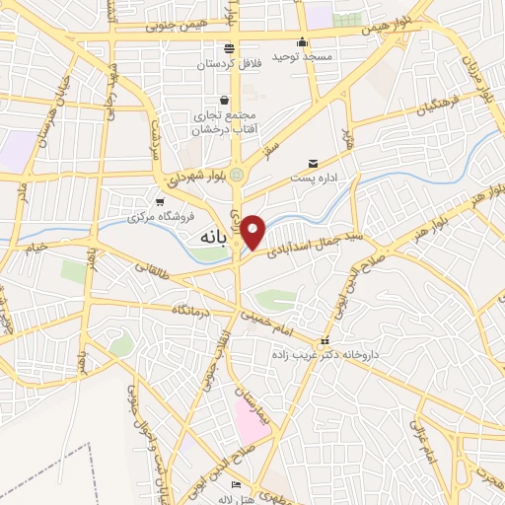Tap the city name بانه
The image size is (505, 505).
click(x=213, y=238)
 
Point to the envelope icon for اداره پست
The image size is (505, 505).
click(x=314, y=163)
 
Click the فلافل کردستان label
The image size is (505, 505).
click(x=229, y=63)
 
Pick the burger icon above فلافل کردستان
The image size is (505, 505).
click(x=229, y=47)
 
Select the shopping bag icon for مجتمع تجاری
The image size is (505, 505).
click(x=225, y=100)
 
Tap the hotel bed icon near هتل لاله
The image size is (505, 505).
click(x=235, y=485)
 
